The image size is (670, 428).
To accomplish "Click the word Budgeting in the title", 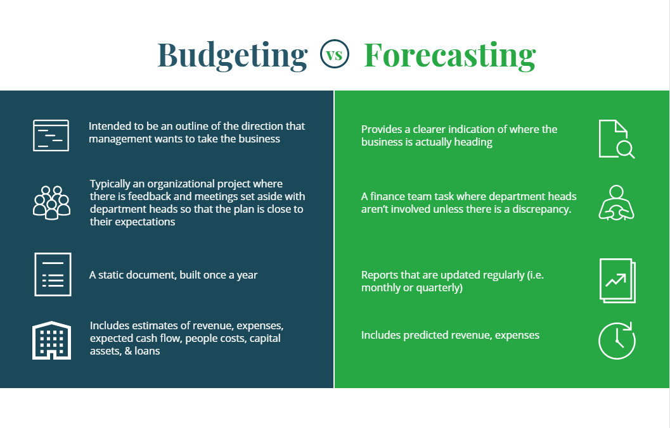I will pos(232,55).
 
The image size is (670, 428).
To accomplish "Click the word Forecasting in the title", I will pos(449,55).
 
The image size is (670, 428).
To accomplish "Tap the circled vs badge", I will pos(335,54).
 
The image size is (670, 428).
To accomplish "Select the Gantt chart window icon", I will pos(51,135).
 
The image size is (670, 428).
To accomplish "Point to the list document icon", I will pos(53,274).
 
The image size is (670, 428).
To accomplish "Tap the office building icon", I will pos(51,340).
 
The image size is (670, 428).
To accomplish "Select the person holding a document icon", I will pos(616,203).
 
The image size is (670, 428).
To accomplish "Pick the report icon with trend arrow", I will pos(617,280).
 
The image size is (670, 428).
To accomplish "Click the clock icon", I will pos(617,340).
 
